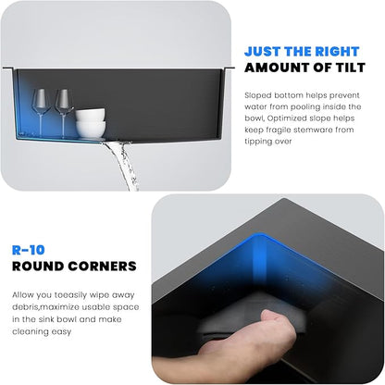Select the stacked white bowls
coord(91,123)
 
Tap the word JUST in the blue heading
coord(263,52)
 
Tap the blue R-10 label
coord(29,250)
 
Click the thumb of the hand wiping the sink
coord(273,317)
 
